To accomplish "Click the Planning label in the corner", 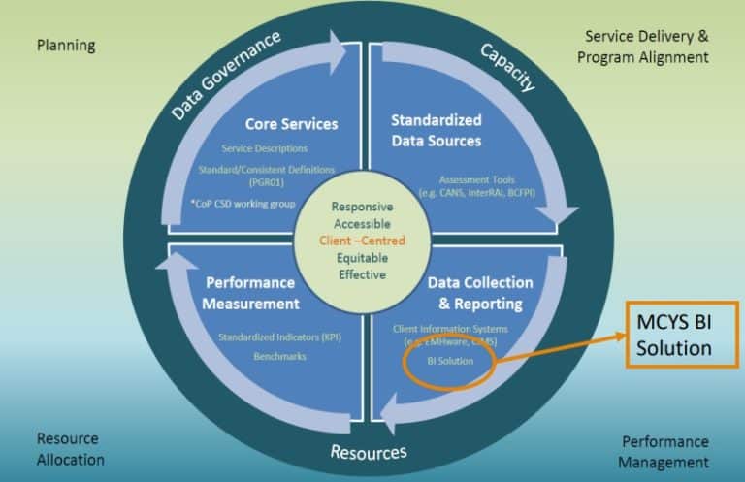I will coord(66,45).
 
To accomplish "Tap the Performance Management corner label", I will coord(664,451).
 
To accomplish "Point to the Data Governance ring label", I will coord(226,75).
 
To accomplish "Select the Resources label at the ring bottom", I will coord(368,452).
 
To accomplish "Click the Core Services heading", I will coord(291,124).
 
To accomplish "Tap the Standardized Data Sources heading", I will coord(436,131).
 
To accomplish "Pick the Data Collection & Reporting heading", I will coord(480,293).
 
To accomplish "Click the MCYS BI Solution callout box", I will coord(682,335).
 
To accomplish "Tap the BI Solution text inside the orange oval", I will coord(451,361).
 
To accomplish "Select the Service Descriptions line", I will coord(265,148).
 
